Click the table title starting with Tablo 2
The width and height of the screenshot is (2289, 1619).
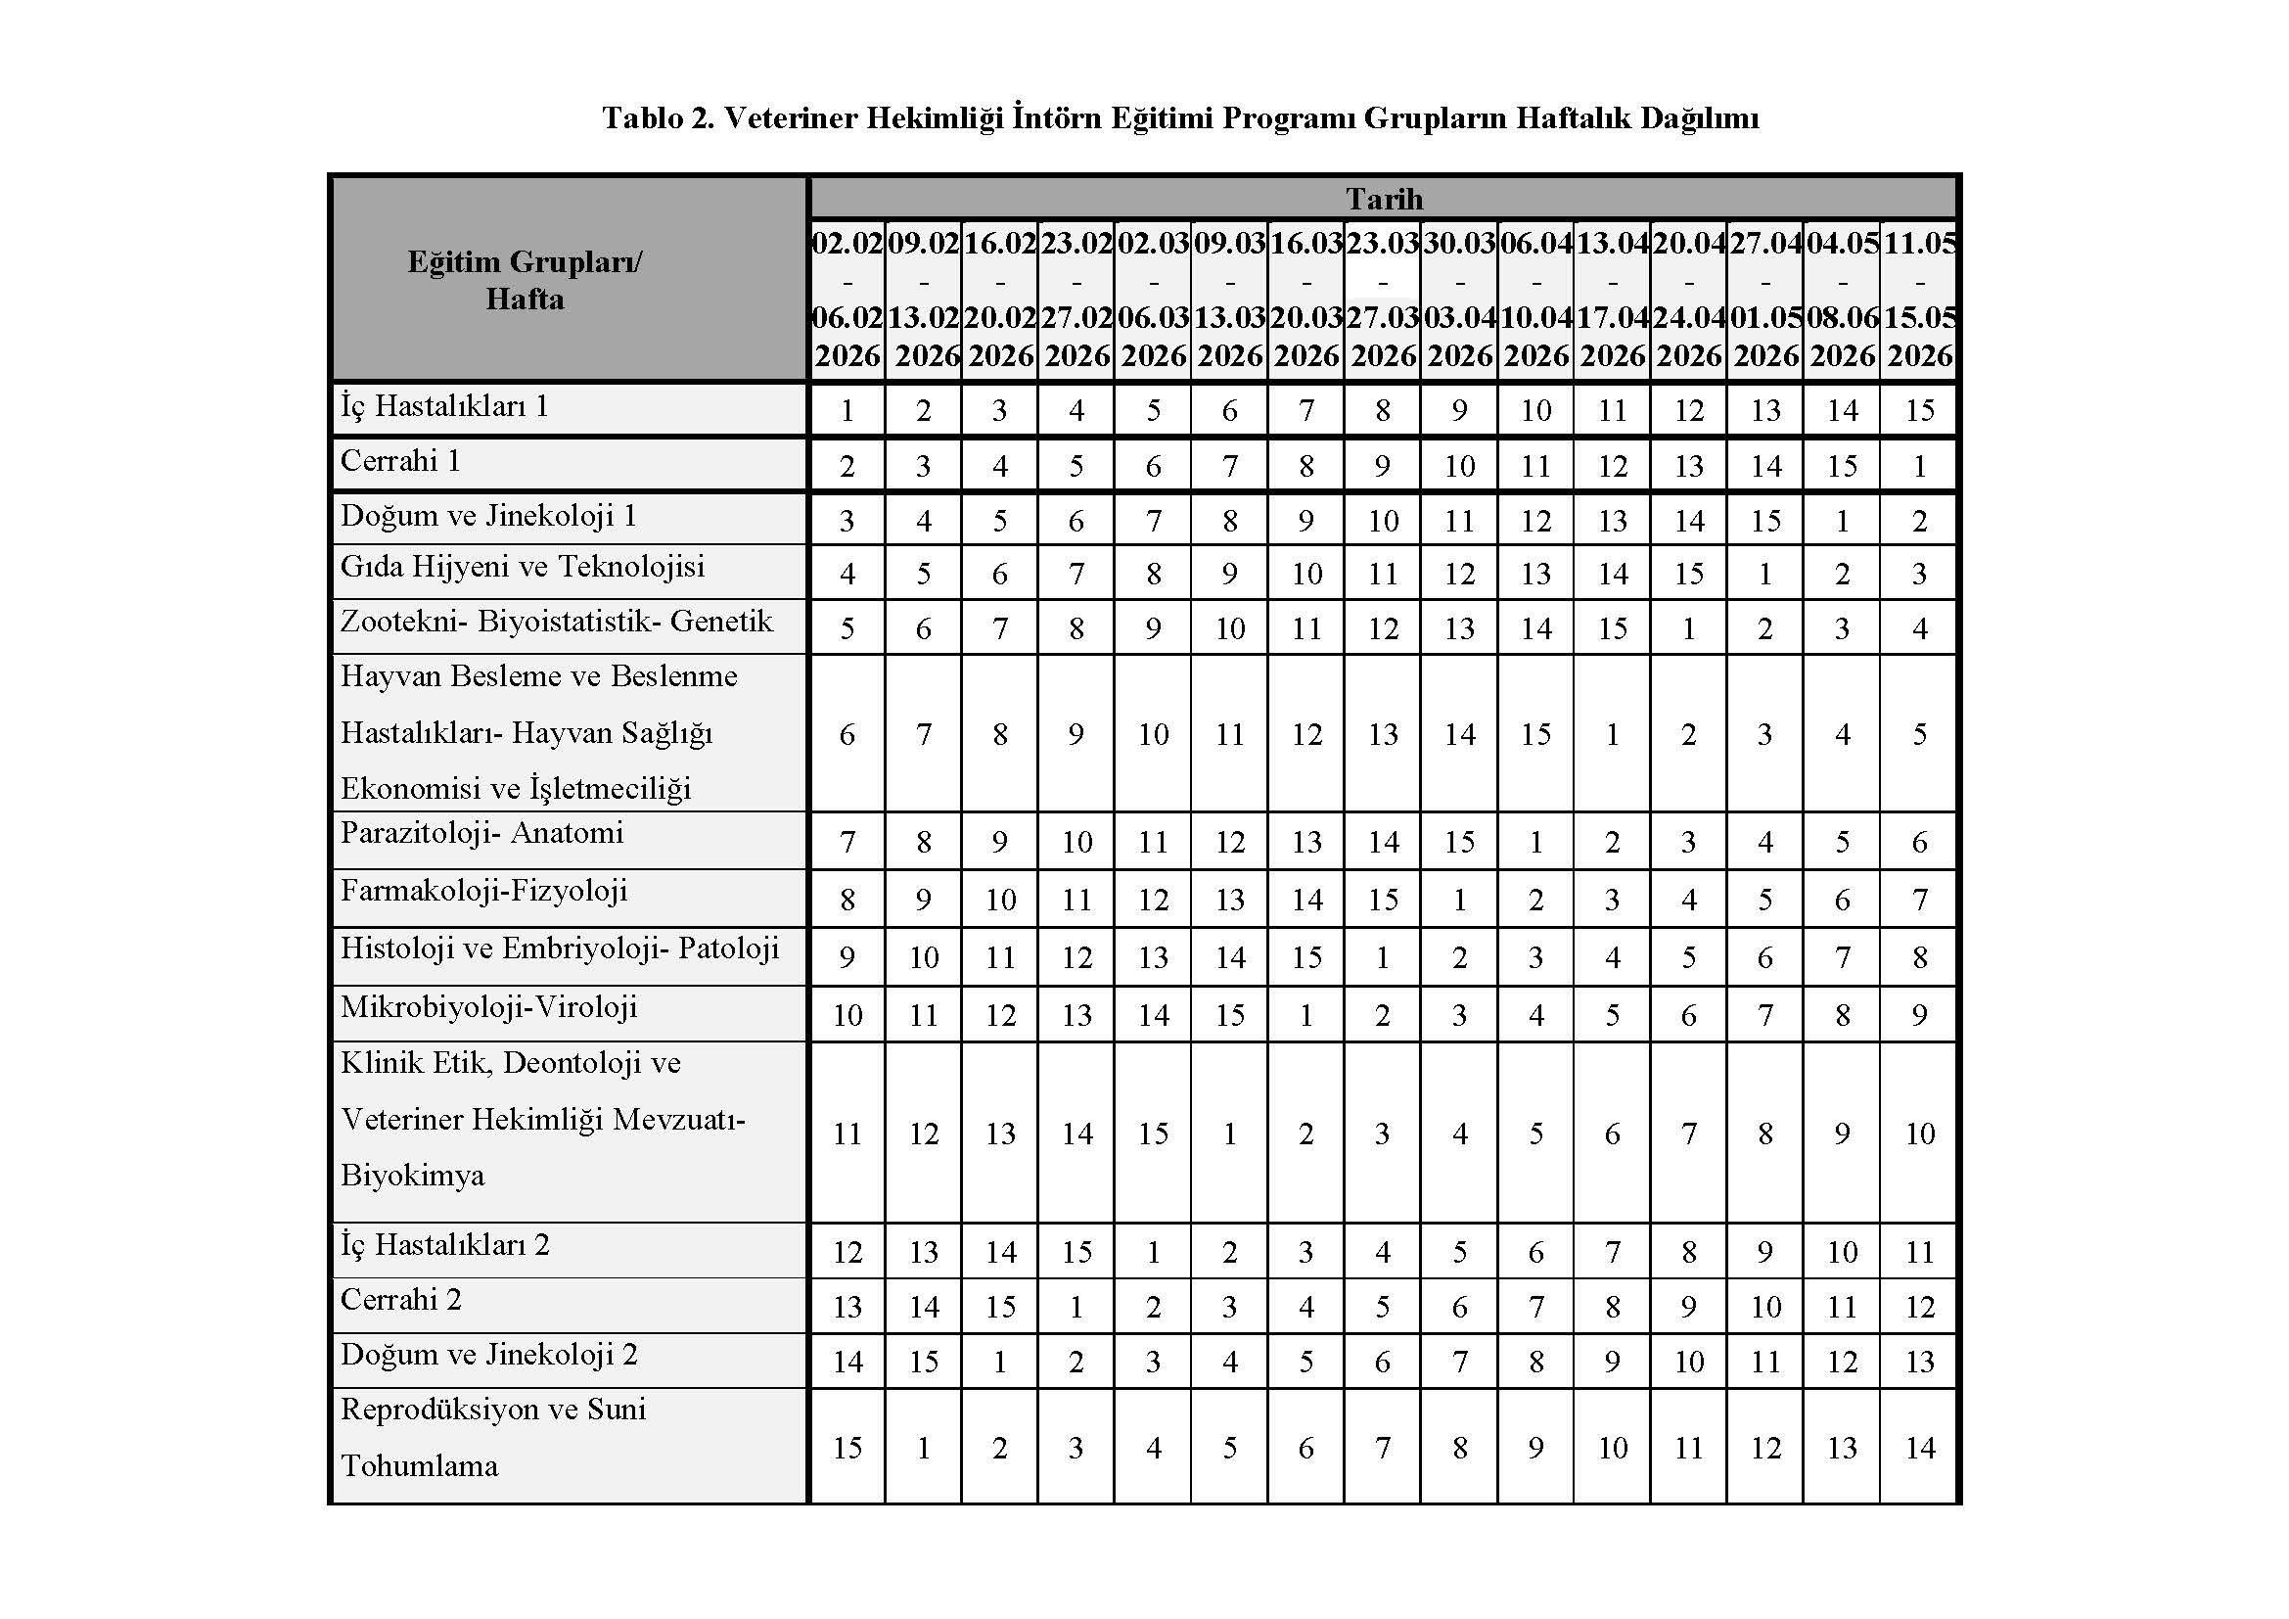pos(1179,118)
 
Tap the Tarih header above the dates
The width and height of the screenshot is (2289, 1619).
pos(1384,199)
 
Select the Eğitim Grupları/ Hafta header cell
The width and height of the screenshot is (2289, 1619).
pos(525,280)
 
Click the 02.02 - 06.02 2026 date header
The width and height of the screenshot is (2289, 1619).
pos(847,300)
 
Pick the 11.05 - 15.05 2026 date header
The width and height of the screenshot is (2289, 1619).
pos(1919,300)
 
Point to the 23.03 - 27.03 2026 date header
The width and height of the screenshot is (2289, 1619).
pos(1383,300)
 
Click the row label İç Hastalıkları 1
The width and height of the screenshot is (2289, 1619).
pos(444,407)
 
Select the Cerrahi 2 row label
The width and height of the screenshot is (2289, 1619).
pos(401,1300)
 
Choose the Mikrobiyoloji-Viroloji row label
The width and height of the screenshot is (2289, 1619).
pos(488,1008)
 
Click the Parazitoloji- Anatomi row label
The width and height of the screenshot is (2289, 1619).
pos(481,833)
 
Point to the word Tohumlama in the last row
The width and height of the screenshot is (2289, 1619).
pos(419,1466)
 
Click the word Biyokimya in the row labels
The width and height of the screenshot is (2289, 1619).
pos(412,1177)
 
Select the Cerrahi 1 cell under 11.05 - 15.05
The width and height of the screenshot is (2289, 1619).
pos(1919,467)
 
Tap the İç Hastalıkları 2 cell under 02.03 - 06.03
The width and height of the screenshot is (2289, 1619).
pos(1154,1252)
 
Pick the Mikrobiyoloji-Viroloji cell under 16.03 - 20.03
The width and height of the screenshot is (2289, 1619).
pos(1306,1016)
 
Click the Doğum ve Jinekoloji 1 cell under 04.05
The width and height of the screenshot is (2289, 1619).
pos(1843,522)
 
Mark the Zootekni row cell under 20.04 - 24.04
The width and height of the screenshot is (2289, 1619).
pos(1689,629)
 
